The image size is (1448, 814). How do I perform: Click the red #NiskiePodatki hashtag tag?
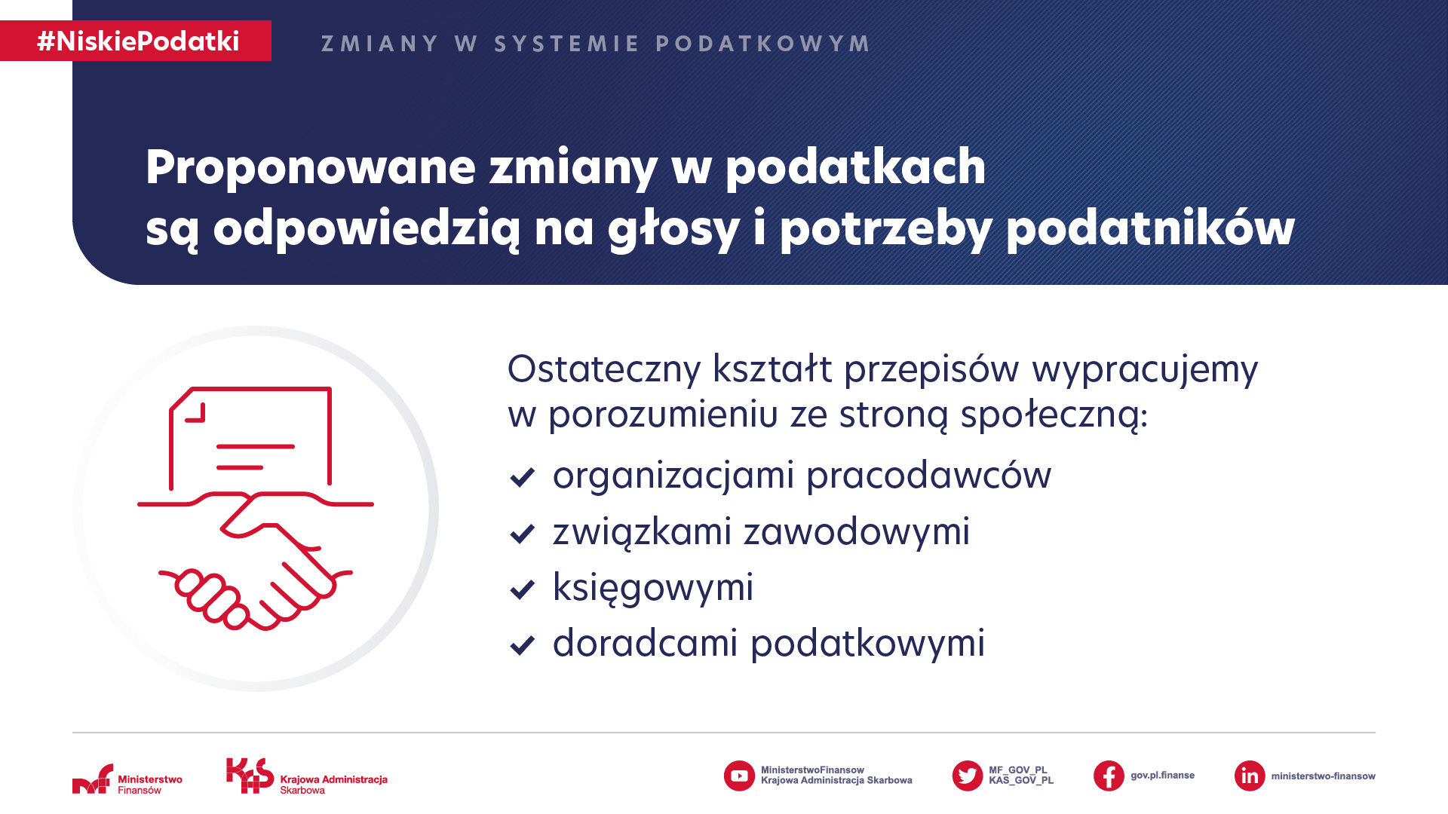click(x=136, y=41)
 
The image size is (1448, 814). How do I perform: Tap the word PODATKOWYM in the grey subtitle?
click(x=762, y=44)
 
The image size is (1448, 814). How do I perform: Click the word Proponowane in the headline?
click(x=311, y=167)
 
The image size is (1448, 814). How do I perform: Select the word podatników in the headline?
click(x=1150, y=228)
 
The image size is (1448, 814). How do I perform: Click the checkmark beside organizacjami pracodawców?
click(x=522, y=477)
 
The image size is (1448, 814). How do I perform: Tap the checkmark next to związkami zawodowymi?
click(x=522, y=534)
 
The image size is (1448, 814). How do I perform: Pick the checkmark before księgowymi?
click(x=522, y=589)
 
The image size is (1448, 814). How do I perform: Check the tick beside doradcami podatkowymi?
click(x=522, y=645)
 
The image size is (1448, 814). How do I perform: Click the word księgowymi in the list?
click(x=653, y=588)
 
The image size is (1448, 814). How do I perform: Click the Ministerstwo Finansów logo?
click(x=127, y=779)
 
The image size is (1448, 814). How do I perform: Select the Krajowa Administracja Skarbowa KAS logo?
click(x=307, y=776)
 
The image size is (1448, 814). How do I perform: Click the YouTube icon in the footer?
click(x=739, y=776)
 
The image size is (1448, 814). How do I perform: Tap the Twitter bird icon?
click(x=967, y=776)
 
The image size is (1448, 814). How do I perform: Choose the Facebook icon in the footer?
click(x=1109, y=776)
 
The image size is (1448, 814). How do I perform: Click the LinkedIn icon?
click(x=1250, y=776)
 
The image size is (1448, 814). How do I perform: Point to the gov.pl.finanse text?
click(x=1162, y=776)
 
